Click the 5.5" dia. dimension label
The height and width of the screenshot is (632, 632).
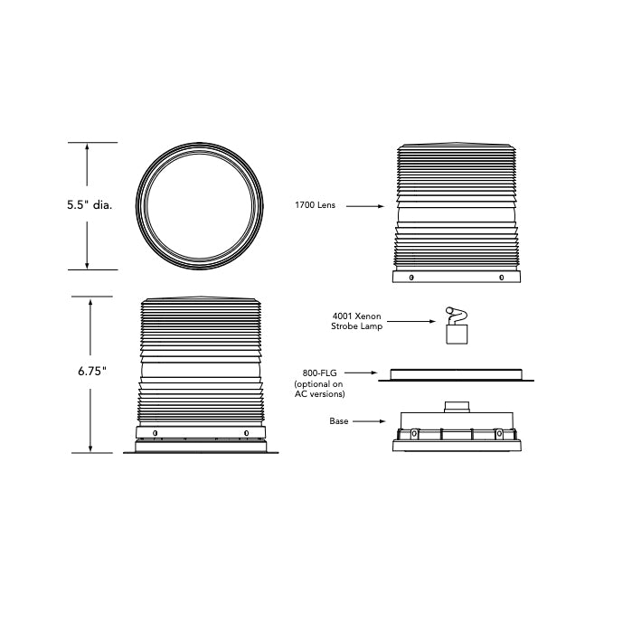click(x=89, y=205)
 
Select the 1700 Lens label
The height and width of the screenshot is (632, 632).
click(x=315, y=206)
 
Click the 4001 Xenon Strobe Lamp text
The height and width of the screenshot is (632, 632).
click(x=357, y=321)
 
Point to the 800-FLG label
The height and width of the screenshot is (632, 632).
click(x=319, y=372)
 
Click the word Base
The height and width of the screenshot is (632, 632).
click(x=339, y=421)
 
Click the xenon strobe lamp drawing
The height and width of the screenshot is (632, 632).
click(x=457, y=326)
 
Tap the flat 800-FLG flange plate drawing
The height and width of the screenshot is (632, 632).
click(x=457, y=373)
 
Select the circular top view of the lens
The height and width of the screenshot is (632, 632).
click(x=200, y=205)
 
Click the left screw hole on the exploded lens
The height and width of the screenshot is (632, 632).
click(x=411, y=278)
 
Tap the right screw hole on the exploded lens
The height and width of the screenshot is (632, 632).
click(x=502, y=278)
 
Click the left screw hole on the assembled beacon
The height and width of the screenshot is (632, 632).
click(x=155, y=433)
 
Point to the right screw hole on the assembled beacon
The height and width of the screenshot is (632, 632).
click(x=246, y=433)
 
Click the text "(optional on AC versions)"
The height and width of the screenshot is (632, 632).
click(x=319, y=390)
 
